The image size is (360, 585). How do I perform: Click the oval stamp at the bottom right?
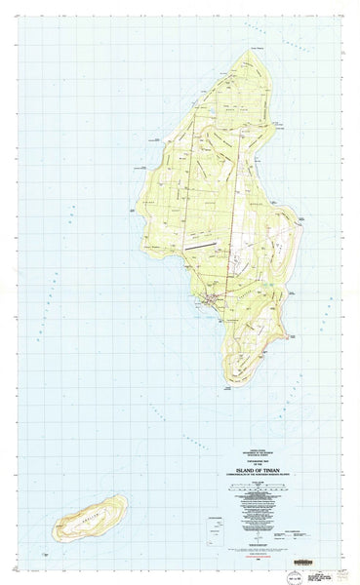coord(293,576)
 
